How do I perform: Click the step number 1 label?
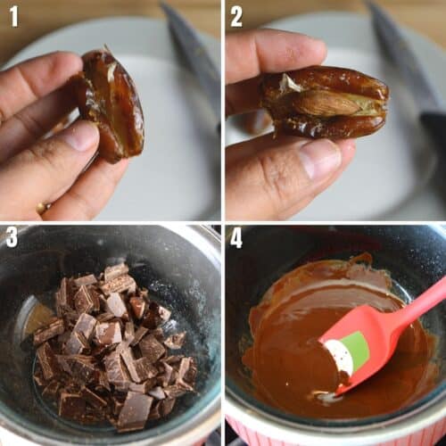14,15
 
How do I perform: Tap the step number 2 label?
236,15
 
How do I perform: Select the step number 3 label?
12,237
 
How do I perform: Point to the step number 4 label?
236,238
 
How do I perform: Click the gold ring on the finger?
41,208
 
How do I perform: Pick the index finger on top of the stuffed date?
268,54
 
